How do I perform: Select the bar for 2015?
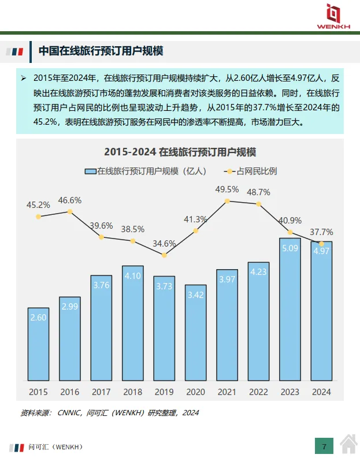(x=39, y=344)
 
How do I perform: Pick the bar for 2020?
(x=196, y=333)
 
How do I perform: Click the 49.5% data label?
(x=227, y=189)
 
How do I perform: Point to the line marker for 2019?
(x=164, y=255)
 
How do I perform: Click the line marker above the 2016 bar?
(x=70, y=211)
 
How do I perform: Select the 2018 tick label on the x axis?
(x=133, y=392)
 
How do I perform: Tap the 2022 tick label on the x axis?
(x=258, y=392)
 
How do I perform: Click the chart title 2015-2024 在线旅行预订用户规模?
(x=180, y=152)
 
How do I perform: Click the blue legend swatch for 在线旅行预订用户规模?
(x=90, y=171)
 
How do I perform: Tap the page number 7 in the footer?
(x=324, y=446)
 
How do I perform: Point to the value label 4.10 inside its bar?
(x=133, y=276)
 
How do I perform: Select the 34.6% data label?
(x=164, y=243)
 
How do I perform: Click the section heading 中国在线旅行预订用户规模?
(x=101, y=51)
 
